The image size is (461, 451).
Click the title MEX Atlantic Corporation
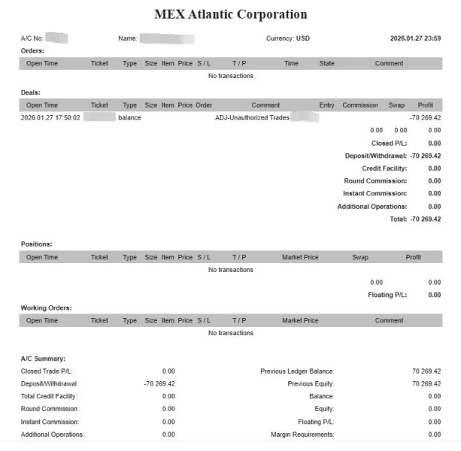[230, 14]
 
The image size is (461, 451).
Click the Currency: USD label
[287, 38]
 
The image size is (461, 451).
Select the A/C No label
[32, 38]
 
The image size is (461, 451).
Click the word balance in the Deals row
[129, 118]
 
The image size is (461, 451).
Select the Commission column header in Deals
[359, 105]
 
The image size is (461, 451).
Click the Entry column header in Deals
[326, 105]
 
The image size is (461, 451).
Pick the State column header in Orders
[326, 64]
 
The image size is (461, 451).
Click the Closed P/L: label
[390, 144]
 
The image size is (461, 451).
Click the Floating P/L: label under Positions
[387, 295]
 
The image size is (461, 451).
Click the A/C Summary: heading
[43, 359]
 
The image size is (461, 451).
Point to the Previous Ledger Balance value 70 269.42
[426, 371]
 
